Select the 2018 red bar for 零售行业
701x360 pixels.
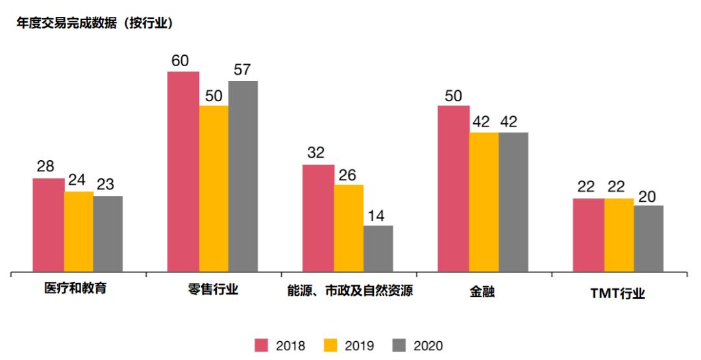click(x=183, y=171)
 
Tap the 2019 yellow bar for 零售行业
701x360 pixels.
click(x=214, y=188)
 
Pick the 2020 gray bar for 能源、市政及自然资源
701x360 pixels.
click(x=378, y=248)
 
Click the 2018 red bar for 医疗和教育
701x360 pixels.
click(x=49, y=224)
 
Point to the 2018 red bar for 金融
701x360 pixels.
click(x=453, y=188)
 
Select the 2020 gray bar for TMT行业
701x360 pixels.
click(x=648, y=238)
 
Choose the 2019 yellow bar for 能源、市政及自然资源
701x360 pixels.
click(x=349, y=228)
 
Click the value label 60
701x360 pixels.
click(x=180, y=61)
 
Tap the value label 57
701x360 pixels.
click(x=242, y=70)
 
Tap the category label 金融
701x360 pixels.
click(x=482, y=292)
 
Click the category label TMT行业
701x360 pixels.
click(x=617, y=293)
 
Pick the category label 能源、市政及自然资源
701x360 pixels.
click(x=350, y=290)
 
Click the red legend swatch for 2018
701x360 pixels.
click(x=262, y=345)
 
